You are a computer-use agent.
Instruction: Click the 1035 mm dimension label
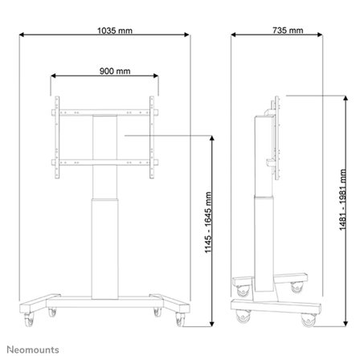click(106, 31)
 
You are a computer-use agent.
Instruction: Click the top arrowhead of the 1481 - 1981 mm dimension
click(325, 95)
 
